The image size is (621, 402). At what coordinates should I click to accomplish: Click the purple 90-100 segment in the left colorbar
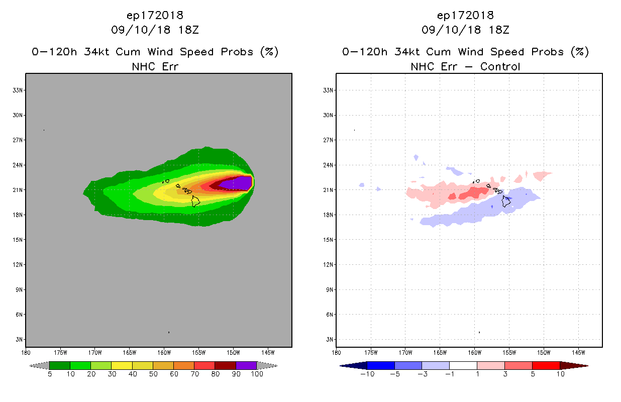pyautogui.click(x=246, y=365)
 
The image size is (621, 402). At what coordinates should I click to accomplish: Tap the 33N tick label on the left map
pyautogui.click(x=18, y=90)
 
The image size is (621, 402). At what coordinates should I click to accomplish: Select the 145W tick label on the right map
pyautogui.click(x=578, y=352)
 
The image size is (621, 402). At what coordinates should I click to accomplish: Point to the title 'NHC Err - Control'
pyautogui.click(x=465, y=66)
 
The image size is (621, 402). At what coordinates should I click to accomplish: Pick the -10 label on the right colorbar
pyautogui.click(x=367, y=374)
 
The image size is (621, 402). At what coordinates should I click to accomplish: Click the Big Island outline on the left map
pyautogui.click(x=195, y=202)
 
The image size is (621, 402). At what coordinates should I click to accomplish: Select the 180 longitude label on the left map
pyautogui.click(x=26, y=352)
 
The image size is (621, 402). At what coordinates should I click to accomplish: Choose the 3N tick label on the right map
pyautogui.click(x=330, y=340)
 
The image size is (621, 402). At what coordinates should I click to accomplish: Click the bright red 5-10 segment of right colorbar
pyautogui.click(x=546, y=365)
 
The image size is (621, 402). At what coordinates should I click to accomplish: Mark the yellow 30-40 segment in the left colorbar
pyautogui.click(x=122, y=365)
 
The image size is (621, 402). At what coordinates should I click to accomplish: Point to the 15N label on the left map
pyautogui.click(x=18, y=240)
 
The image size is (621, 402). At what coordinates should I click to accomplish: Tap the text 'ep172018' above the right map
pyautogui.click(x=465, y=15)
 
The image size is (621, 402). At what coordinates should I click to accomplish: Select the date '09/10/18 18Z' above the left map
pyautogui.click(x=155, y=30)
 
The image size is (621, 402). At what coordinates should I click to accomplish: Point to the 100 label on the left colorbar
pyautogui.click(x=257, y=374)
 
